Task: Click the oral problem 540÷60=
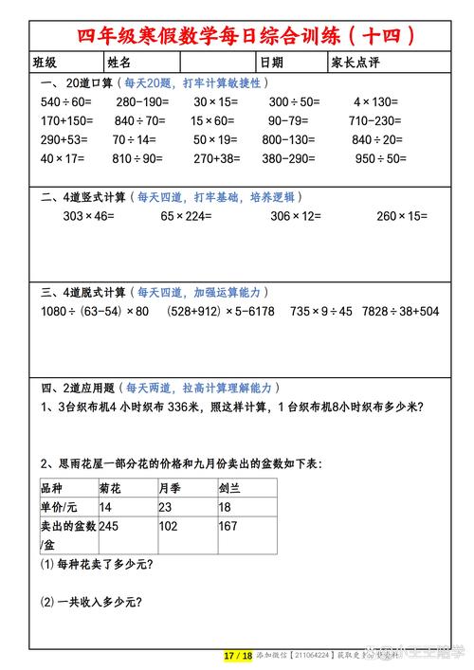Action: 65,101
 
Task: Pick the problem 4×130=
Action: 375,101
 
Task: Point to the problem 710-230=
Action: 376,120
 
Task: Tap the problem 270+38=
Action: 216,158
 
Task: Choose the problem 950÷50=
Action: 381,158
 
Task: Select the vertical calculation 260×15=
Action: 401,216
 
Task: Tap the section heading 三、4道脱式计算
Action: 83,292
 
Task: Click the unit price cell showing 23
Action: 166,507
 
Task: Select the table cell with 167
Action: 228,526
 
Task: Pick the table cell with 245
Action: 109,526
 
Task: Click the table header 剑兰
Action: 230,488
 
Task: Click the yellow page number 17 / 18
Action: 238,656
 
